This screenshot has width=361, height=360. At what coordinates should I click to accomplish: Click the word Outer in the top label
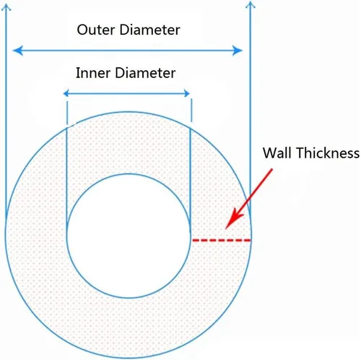(96, 30)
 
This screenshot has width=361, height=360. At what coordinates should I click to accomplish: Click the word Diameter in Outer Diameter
(149, 30)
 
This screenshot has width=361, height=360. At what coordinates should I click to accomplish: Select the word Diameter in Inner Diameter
(145, 73)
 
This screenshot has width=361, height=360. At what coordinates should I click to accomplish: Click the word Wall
(277, 153)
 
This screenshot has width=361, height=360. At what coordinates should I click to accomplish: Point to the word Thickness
(328, 153)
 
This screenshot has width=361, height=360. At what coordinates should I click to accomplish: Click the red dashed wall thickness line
(222, 240)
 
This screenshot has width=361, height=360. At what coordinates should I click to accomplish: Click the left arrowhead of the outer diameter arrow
(18, 51)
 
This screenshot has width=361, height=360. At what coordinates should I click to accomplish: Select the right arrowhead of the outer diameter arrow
(237, 51)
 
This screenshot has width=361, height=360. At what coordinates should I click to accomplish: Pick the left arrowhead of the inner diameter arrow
(66, 93)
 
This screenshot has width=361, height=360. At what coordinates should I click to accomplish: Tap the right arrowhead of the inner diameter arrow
(187, 93)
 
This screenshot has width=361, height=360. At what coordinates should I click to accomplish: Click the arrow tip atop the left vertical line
(6, 5)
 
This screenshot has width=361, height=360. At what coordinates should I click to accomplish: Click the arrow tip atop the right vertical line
(251, 2)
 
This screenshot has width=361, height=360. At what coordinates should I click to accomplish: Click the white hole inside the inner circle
(129, 236)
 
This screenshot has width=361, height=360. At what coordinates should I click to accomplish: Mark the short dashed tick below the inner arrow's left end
(67, 113)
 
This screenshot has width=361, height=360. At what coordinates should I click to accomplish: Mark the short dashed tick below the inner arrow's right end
(191, 110)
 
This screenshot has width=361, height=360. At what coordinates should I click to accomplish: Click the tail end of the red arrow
(272, 169)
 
